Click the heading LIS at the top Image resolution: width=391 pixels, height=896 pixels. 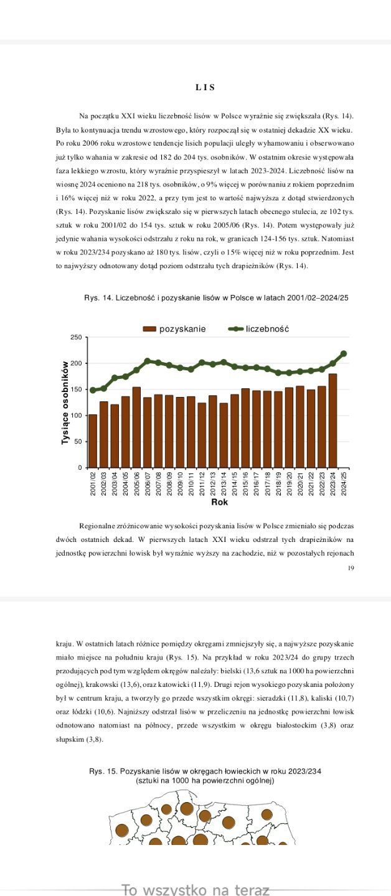pyautogui.click(x=205, y=88)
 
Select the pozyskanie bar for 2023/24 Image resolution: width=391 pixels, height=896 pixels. pyautogui.click(x=332, y=421)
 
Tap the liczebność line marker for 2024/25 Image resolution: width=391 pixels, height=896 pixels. pyautogui.click(x=344, y=353)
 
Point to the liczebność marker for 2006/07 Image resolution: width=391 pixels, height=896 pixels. pyautogui.click(x=148, y=361)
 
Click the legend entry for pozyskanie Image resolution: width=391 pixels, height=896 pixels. pyautogui.click(x=175, y=329)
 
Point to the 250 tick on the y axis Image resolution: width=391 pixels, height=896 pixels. pyautogui.click(x=76, y=337)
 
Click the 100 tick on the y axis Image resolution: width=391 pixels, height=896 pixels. pyautogui.click(x=76, y=416)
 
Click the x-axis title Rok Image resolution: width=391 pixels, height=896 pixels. pyautogui.click(x=219, y=502)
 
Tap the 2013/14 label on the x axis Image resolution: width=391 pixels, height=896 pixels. pyautogui.click(x=224, y=483)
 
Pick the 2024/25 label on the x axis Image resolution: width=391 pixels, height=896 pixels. pyautogui.click(x=344, y=483)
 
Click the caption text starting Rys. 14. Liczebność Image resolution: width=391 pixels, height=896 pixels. pyautogui.click(x=216, y=298)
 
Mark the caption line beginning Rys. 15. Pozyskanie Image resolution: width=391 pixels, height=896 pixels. pyautogui.click(x=205, y=772)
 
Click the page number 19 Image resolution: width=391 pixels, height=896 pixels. pyautogui.click(x=351, y=567)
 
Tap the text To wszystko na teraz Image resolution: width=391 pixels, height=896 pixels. pyautogui.click(x=195, y=890)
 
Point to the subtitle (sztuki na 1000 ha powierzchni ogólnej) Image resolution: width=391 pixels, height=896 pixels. pyautogui.click(x=205, y=780)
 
